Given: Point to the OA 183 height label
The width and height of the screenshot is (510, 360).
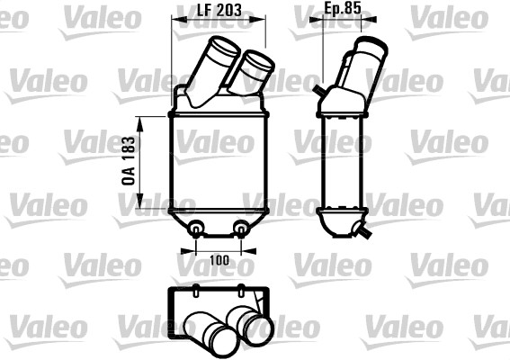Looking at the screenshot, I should coord(130,162).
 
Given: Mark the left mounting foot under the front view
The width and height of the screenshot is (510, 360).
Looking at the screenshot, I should coord(196,229).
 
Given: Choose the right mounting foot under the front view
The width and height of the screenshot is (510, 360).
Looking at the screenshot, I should coord(241,229).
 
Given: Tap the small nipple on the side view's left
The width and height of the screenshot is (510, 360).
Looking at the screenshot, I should coord(318,89).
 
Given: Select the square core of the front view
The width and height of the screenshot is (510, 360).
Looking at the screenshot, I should coord(219,162).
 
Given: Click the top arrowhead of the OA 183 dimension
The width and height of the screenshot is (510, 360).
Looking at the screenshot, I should coord(139,118).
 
